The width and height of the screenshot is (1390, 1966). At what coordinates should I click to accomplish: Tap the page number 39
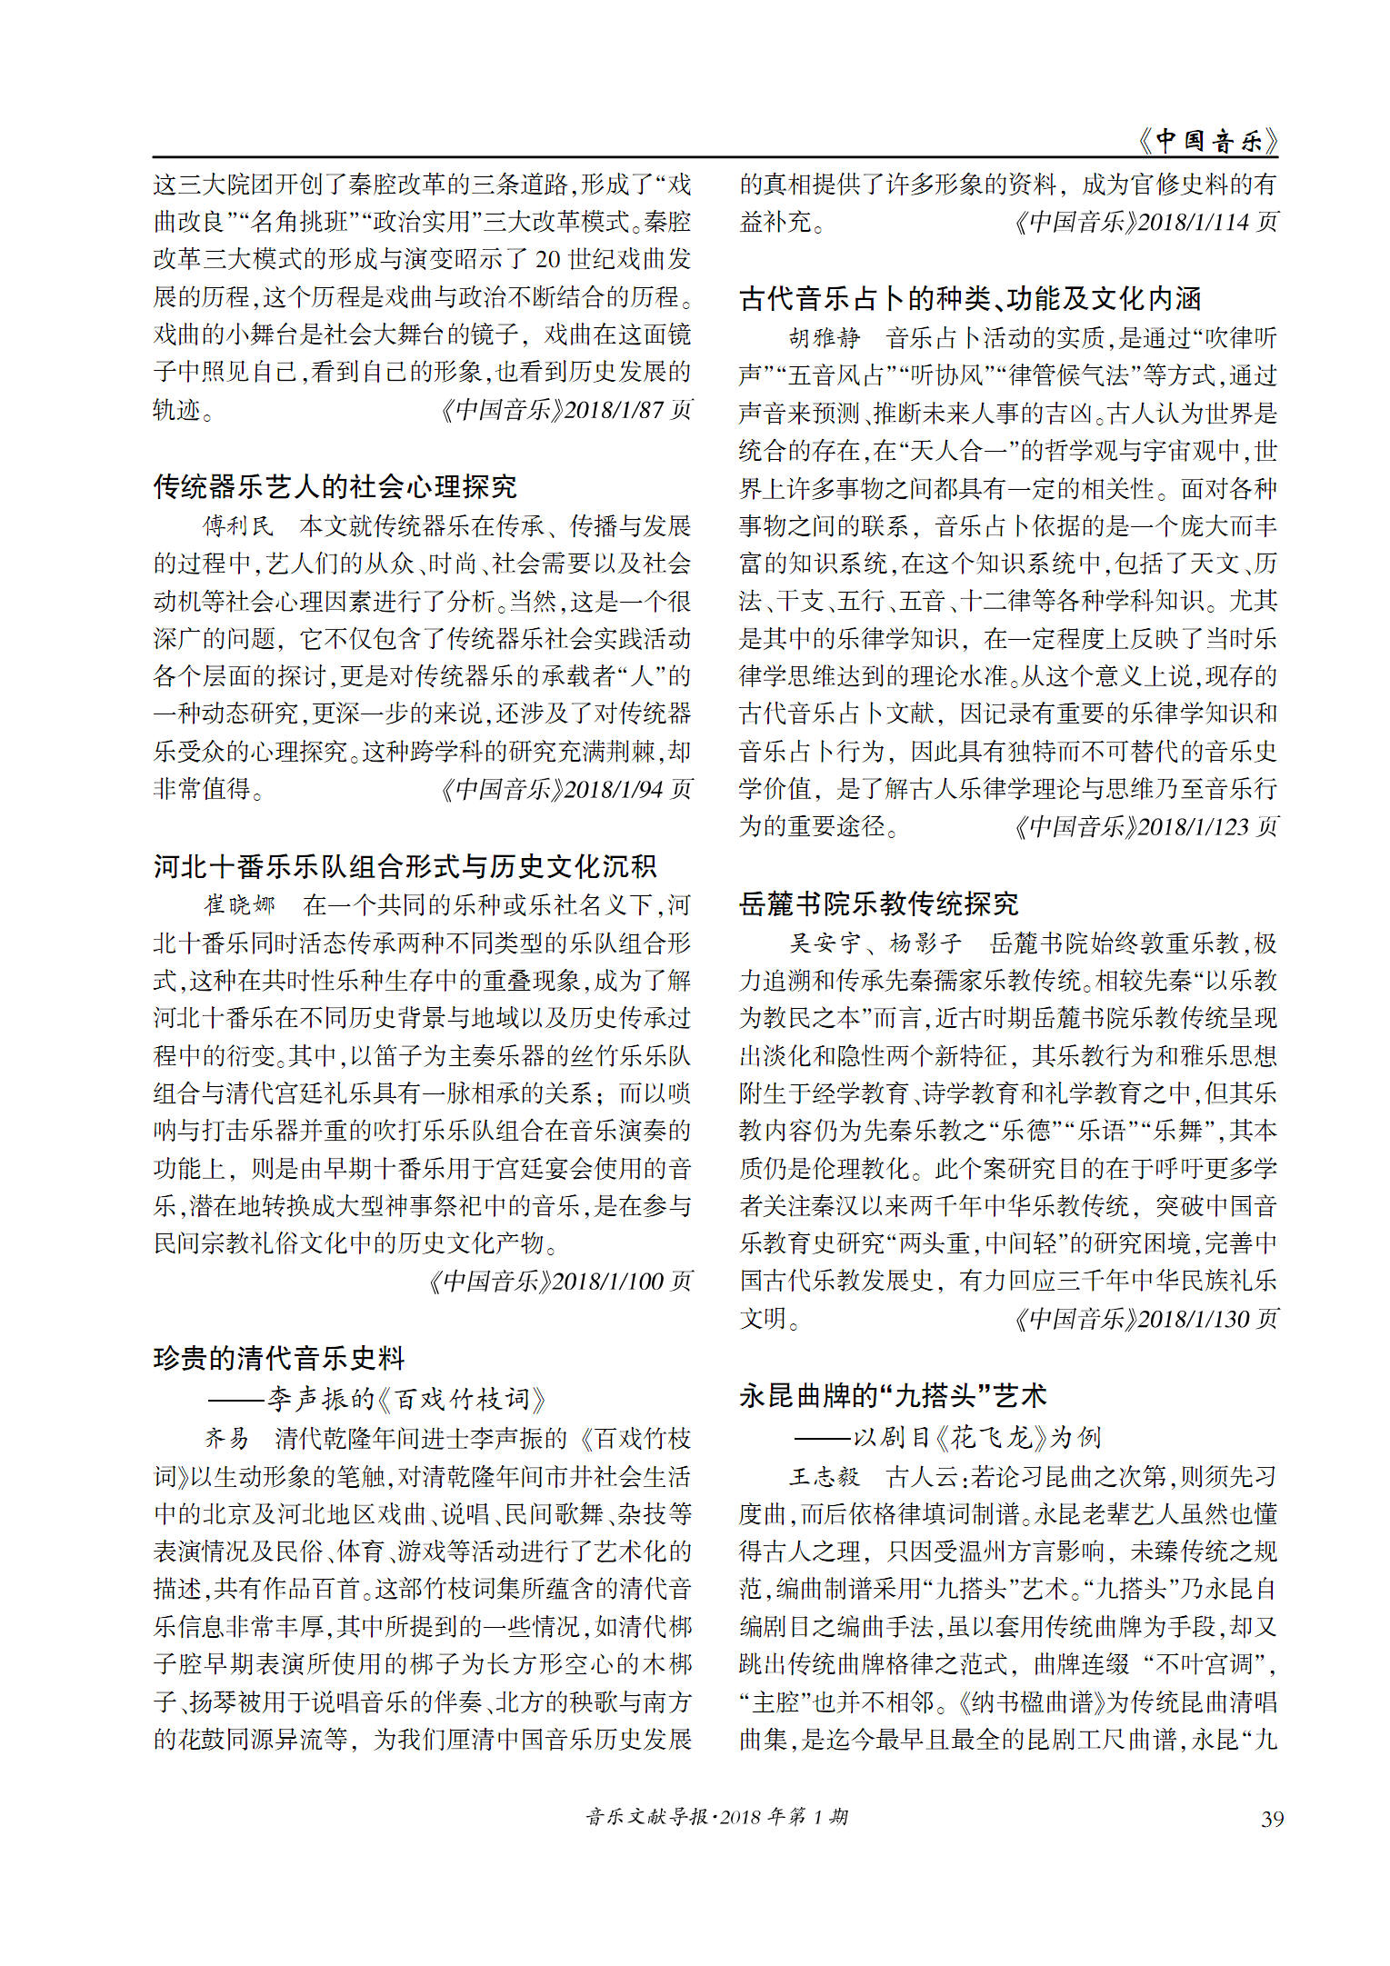coord(1272,1819)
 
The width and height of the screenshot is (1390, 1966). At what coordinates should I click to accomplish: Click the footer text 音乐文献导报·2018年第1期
coord(716,1816)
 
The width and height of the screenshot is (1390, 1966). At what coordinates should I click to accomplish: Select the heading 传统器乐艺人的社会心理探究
coord(335,487)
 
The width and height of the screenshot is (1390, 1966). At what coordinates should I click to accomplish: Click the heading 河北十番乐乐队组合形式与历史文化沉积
coord(405,866)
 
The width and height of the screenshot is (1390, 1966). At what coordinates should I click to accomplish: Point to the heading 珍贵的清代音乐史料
coord(279,1358)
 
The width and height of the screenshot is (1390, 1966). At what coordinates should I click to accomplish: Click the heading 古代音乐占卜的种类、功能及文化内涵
coord(970,298)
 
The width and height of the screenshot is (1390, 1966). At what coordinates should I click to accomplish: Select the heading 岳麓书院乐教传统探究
coord(878,903)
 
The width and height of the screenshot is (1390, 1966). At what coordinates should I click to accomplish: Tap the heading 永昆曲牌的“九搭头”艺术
coord(893,1395)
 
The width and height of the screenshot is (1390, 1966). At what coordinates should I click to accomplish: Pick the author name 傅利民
coord(238,526)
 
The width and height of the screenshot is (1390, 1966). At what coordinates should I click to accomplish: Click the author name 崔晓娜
coord(239,905)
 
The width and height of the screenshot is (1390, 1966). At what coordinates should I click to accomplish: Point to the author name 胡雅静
coord(825,338)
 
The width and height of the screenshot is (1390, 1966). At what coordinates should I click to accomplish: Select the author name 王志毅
coord(825,1476)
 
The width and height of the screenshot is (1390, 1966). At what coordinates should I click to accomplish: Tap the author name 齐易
coord(226,1438)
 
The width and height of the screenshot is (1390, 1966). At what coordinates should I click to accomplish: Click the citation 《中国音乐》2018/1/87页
coord(565,410)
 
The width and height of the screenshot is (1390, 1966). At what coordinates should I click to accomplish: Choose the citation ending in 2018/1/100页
coord(559,1281)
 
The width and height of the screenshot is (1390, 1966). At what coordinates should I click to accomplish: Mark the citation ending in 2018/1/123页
coord(1145,826)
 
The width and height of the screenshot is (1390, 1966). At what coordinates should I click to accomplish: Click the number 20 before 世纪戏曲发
coord(547,260)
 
